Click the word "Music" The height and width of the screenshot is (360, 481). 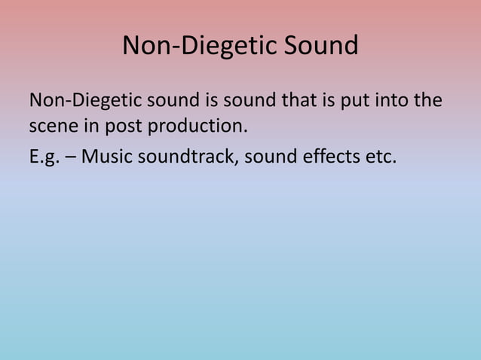[104, 157]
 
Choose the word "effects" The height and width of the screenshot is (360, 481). [328, 157]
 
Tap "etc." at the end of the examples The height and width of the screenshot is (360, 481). [379, 157]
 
